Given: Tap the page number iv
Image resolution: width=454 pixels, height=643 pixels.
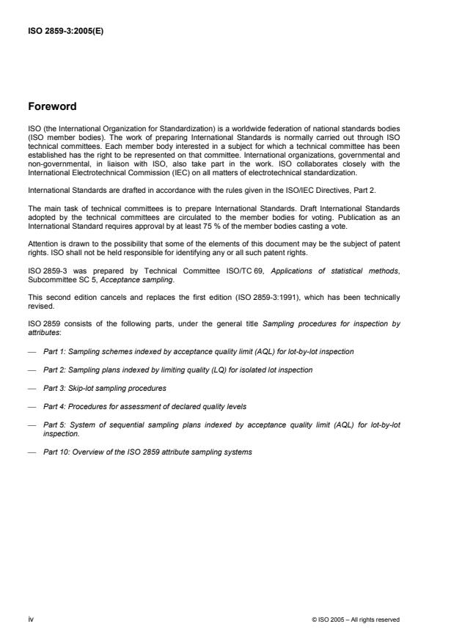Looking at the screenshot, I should [32, 619].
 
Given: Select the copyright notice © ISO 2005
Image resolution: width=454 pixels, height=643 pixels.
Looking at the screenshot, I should [355, 620].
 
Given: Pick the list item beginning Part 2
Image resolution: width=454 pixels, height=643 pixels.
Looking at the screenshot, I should [177, 370].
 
